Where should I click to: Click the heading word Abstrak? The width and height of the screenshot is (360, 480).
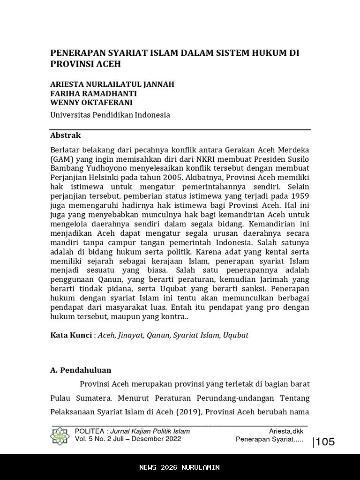(x=66, y=135)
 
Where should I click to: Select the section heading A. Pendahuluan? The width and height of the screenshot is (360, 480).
(x=81, y=370)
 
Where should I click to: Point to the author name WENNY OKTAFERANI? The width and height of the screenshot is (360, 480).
(x=91, y=102)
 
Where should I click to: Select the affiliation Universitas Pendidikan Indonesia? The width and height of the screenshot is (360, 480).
(x=110, y=115)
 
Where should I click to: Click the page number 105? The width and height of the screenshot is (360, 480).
(x=325, y=442)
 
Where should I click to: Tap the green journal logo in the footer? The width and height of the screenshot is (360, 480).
(x=60, y=435)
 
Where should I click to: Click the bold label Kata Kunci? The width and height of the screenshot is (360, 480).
(x=71, y=335)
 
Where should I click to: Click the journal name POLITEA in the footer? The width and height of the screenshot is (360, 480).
(x=89, y=431)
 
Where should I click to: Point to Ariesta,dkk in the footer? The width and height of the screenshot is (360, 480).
(x=286, y=431)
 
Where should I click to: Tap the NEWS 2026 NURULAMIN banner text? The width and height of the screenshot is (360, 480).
(x=180, y=467)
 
